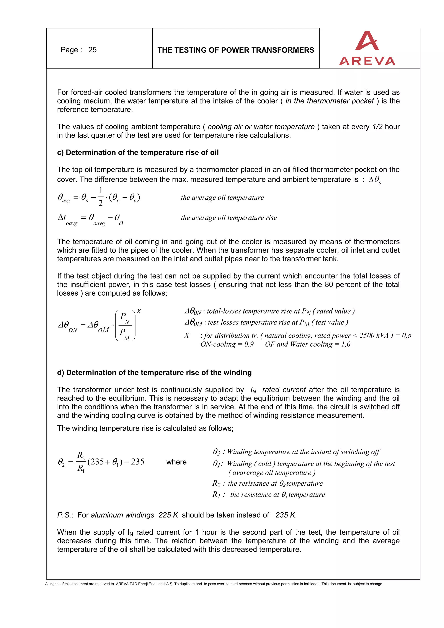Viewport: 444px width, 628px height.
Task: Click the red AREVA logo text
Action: [x=367, y=61]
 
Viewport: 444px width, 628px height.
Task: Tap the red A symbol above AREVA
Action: [x=367, y=41]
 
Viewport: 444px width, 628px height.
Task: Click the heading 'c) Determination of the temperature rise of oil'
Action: [x=138, y=152]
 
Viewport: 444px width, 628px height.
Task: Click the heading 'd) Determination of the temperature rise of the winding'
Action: [x=154, y=373]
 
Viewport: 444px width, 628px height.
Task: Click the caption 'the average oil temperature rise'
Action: [x=229, y=218]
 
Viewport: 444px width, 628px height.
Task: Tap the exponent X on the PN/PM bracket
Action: [x=139, y=311]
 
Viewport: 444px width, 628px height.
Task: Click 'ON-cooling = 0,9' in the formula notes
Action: [x=227, y=344]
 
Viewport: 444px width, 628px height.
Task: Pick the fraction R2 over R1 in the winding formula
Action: [x=81, y=462]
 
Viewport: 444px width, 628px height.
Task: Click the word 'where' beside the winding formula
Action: [x=176, y=462]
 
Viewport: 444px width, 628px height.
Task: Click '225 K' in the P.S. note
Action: [x=168, y=515]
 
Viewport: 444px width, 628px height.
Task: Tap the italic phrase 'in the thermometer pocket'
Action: [x=329, y=101]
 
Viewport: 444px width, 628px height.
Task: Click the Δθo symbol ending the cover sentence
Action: [x=375, y=180]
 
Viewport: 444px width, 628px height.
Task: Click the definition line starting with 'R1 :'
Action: [x=269, y=495]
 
